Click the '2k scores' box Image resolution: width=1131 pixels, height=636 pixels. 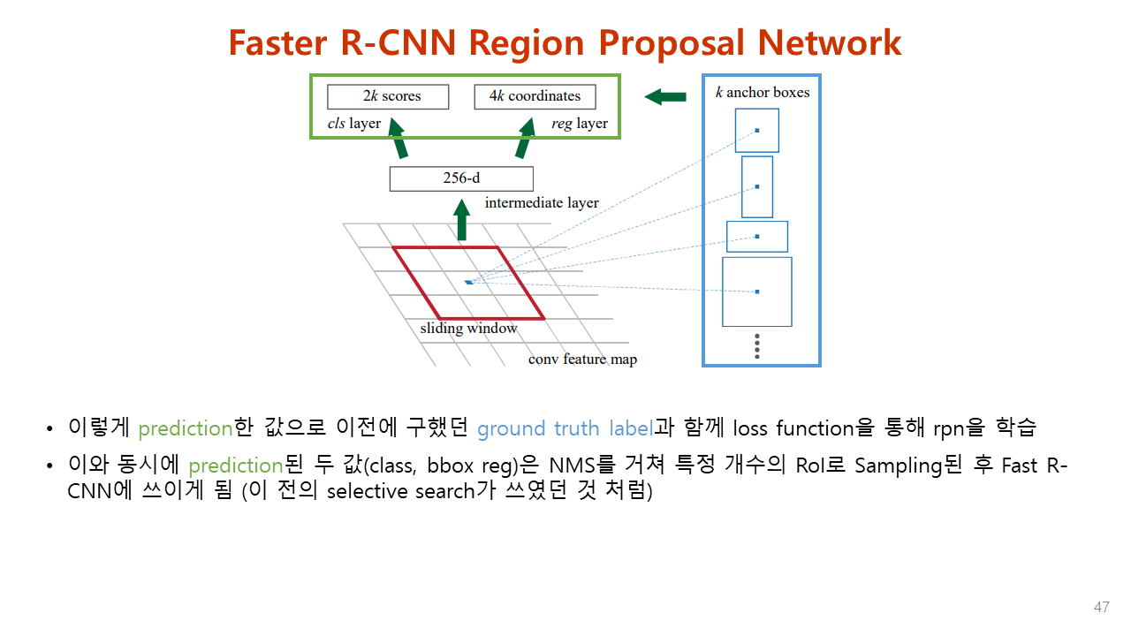coord(388,96)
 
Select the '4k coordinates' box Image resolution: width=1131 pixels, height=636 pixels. coord(535,96)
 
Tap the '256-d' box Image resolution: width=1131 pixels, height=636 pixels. coord(461,178)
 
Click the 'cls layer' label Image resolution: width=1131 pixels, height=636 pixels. coord(353,124)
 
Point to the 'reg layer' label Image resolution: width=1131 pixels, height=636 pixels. coord(579,124)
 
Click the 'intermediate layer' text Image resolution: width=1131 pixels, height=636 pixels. coord(542,203)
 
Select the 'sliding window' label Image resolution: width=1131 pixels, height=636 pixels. coord(468,329)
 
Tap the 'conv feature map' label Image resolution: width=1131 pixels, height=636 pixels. coord(582,360)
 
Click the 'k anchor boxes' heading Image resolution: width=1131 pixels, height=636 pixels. coord(762,92)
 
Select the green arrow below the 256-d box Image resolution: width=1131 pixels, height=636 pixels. coord(461,220)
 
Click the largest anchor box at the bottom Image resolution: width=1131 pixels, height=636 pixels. coord(757,291)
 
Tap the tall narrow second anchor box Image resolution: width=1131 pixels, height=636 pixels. coord(757,186)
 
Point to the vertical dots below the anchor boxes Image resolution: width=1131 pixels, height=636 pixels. coord(757,346)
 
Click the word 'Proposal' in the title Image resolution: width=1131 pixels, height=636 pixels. coord(684,42)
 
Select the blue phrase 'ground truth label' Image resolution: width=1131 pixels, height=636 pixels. coord(565,428)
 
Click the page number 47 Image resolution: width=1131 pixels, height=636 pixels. coord(1101,608)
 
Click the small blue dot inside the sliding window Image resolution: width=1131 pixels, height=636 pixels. coord(468,282)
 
